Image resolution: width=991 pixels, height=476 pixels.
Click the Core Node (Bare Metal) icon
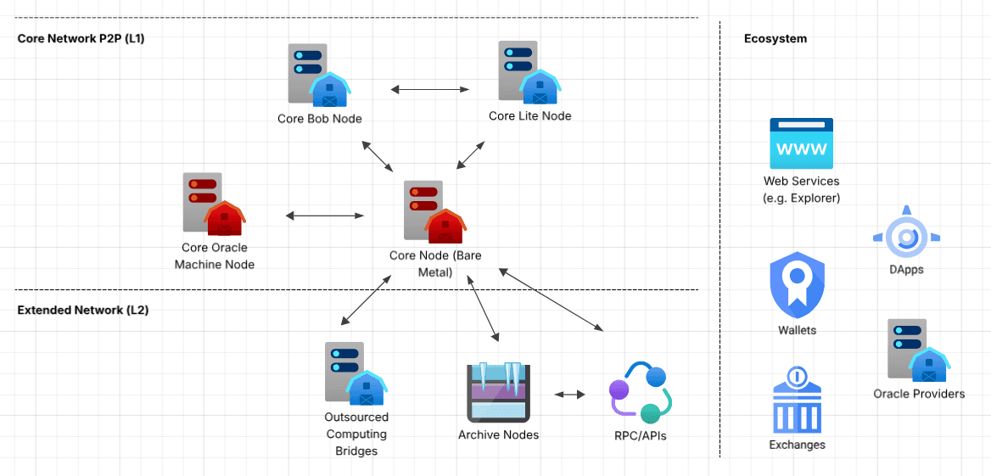[x=431, y=211]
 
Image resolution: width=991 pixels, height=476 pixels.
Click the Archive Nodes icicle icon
[x=498, y=393]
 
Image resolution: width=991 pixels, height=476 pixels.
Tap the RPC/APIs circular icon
[x=641, y=393]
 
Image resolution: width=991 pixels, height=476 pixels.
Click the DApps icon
[x=906, y=233]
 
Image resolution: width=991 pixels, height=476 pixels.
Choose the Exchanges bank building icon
[x=797, y=399]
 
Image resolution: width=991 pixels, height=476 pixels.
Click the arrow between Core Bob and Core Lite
[x=430, y=88]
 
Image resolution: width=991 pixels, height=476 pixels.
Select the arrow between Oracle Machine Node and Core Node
[x=325, y=216]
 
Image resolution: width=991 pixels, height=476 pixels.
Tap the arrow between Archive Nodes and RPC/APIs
[x=569, y=395]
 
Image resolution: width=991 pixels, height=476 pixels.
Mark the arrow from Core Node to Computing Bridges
[x=365, y=300]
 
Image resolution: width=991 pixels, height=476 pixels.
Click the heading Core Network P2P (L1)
[x=81, y=39]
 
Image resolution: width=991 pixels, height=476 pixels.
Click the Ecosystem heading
[x=775, y=39]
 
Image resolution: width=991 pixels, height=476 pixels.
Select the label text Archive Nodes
[x=498, y=435]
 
